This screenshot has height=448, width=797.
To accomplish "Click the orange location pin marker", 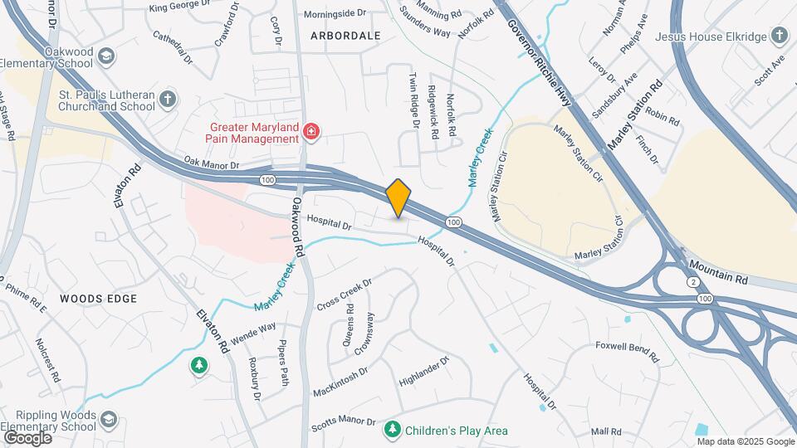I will click(x=398, y=197).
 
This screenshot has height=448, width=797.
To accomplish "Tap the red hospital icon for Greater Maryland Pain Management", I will click(x=311, y=131).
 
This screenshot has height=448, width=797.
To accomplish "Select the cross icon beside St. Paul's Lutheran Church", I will click(x=168, y=100).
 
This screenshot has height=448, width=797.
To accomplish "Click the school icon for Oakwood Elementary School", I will click(x=105, y=56).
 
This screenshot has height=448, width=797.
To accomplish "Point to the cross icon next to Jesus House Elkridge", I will click(x=779, y=36).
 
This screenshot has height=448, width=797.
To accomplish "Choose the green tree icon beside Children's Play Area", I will click(x=392, y=430).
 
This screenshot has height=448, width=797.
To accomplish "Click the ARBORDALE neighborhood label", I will click(x=345, y=36).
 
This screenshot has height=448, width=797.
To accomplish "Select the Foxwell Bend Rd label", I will click(x=627, y=352).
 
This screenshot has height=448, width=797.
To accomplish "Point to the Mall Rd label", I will click(x=606, y=431).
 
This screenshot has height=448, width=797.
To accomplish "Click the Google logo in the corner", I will click(x=27, y=437).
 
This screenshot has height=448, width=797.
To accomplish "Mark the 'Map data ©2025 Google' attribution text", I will click(x=745, y=441).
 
